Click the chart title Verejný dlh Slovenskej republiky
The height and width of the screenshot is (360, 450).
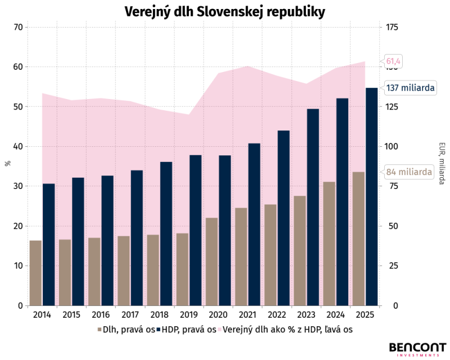[224, 12]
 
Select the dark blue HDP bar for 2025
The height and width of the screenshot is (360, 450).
[372, 197]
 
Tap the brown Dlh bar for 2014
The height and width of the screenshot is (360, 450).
[36, 273]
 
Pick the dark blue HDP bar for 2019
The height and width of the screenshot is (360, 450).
[195, 230]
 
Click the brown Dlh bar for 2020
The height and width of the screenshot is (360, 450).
[212, 262]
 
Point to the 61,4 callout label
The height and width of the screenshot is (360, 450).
[393, 61]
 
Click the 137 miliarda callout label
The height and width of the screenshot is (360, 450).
[410, 88]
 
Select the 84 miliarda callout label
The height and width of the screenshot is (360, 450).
[409, 172]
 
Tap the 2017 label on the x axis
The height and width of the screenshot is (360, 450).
[130, 315]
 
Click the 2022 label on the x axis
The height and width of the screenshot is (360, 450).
[277, 315]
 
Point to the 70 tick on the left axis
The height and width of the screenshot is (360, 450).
[18, 27]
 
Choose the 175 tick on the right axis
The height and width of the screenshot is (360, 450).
[392, 27]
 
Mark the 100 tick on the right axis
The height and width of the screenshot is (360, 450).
[391, 146]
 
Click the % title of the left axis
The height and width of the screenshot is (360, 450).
[8, 163]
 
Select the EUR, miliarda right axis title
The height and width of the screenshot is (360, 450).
[442, 163]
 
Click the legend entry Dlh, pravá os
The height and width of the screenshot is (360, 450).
[126, 330]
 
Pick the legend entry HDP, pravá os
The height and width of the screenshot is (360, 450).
[187, 330]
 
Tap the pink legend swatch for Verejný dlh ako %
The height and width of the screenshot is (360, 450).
[219, 330]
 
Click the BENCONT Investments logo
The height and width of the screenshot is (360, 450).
[417, 349]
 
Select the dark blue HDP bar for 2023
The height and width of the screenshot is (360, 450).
[313, 207]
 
